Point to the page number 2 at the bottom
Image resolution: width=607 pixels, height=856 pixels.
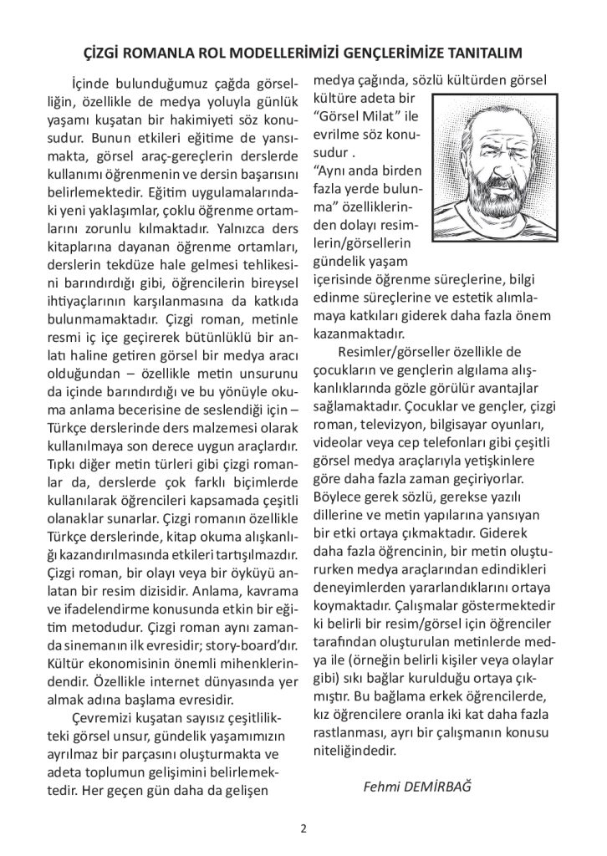click(303, 828)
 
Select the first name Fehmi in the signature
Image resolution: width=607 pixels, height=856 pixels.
click(380, 787)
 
